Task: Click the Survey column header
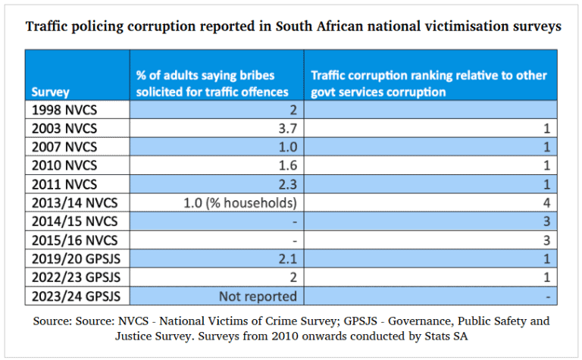[51, 92]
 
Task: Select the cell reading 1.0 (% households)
[239, 202]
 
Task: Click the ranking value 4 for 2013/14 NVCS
[546, 202]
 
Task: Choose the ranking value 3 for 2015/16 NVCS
[546, 239]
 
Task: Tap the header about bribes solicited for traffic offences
[212, 83]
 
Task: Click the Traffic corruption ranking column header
[429, 83]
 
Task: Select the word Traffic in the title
[47, 27]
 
